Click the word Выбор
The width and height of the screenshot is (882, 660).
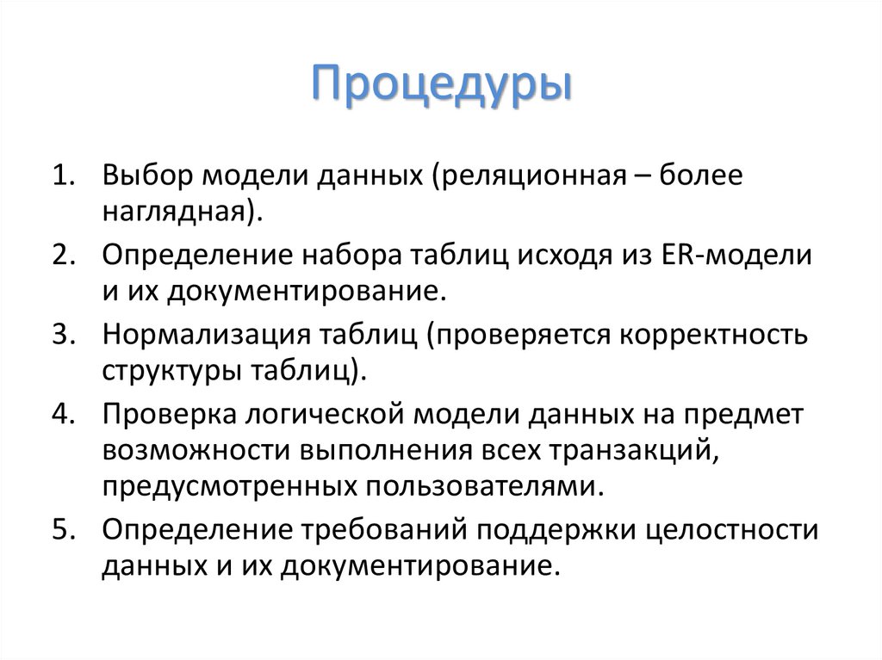(x=148, y=176)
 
